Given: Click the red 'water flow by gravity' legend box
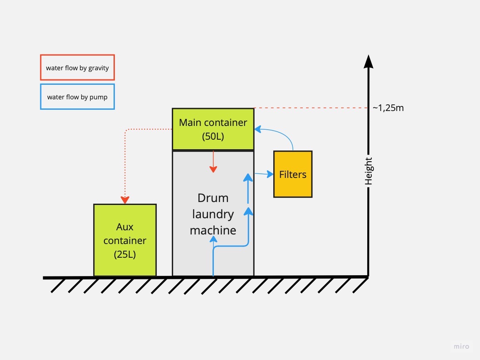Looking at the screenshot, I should coord(77,67).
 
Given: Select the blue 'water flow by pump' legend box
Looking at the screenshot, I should coord(77,97).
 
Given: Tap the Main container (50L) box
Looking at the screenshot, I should coord(213,129).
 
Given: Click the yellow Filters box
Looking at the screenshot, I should coord(292,174).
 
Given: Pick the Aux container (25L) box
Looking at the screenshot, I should coord(125,240).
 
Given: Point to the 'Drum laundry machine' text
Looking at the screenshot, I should coord(213,214).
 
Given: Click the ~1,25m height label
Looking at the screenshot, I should coord(388,108).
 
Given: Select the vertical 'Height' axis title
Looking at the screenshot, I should coord(369,171).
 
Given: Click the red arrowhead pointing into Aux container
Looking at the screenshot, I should coord(125,200).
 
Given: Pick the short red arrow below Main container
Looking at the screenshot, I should coord(213,162).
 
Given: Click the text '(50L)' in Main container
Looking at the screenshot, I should coord(213,136).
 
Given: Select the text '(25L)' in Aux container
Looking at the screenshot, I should coord(125,254).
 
